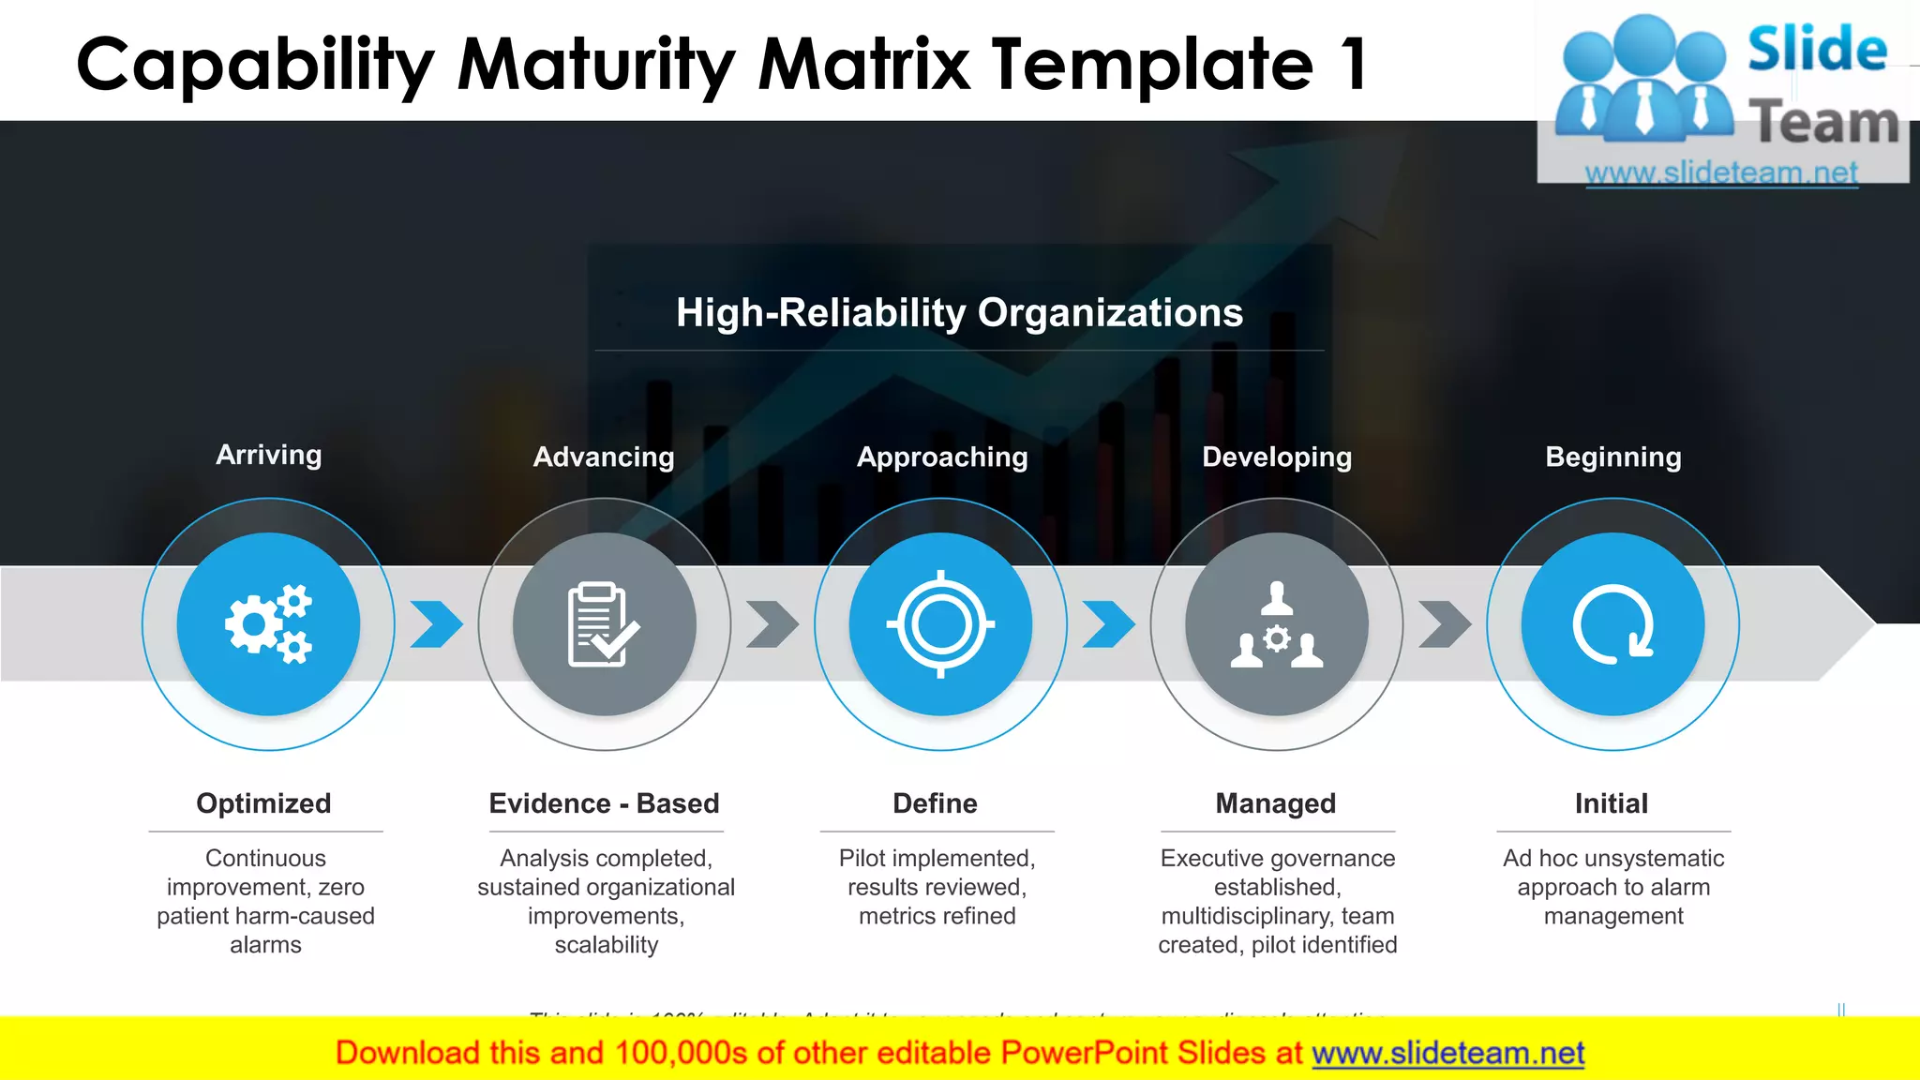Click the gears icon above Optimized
pyautogui.click(x=268, y=624)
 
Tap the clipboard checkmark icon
pyautogui.click(x=604, y=624)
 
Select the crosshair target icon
pyautogui.click(x=940, y=624)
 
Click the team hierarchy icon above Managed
pyautogui.click(x=1276, y=624)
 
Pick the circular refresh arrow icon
pyautogui.click(x=1612, y=624)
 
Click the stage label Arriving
pyautogui.click(x=269, y=456)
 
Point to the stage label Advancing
pyautogui.click(x=604, y=457)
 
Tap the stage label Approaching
pyautogui.click(x=942, y=457)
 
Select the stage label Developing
pyautogui.click(x=1277, y=457)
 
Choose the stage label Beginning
pyautogui.click(x=1613, y=457)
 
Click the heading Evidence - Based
pyautogui.click(x=604, y=803)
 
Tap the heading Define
pyautogui.click(x=935, y=803)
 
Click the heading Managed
pyautogui.click(x=1276, y=803)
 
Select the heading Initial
pyautogui.click(x=1611, y=803)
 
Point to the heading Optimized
pyautogui.click(x=263, y=803)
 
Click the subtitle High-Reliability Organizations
pyautogui.click(x=959, y=313)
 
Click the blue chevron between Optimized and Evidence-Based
pyautogui.click(x=436, y=624)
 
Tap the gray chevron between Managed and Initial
pyautogui.click(x=1445, y=624)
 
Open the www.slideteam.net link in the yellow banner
pyautogui.click(x=1447, y=1054)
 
